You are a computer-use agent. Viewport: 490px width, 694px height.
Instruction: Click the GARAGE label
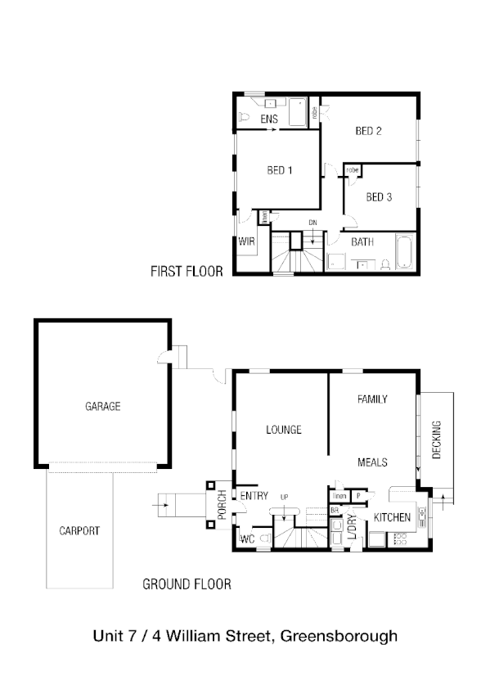[102, 406]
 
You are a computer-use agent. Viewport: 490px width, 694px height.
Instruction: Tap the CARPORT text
[79, 531]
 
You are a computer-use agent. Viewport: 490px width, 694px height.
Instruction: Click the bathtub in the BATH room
[405, 252]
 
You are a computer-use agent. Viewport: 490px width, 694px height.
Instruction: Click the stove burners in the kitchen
[401, 539]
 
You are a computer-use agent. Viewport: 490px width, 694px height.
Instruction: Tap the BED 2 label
[369, 131]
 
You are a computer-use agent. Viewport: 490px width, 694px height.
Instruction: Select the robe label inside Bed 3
[352, 170]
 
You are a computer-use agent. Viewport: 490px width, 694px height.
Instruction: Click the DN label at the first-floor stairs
[312, 223]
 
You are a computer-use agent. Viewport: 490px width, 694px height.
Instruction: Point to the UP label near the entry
[285, 497]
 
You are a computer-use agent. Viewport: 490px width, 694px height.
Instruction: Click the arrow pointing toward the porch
[165, 505]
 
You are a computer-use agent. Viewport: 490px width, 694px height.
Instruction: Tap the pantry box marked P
[358, 496]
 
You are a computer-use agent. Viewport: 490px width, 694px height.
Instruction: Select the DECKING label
[436, 440]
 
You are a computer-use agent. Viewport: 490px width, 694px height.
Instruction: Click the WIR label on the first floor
[246, 242]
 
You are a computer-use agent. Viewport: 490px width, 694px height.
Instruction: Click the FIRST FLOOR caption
[187, 272]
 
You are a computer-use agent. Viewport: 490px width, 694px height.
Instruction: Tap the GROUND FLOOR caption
[187, 584]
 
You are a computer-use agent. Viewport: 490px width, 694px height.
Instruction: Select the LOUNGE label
[284, 430]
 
